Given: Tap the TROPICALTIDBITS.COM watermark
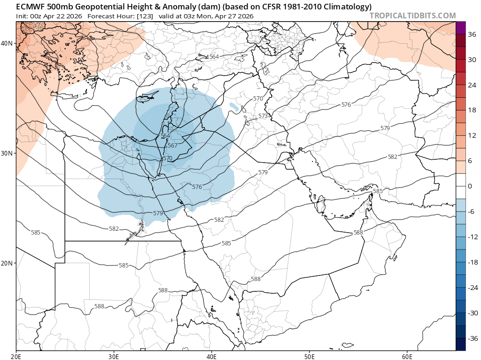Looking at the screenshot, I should click(412, 16).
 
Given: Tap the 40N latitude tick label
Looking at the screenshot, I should click(7, 43).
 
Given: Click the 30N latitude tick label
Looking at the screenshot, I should click(7, 153).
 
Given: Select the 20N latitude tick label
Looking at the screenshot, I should click(7, 263).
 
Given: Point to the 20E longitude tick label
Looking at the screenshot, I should click(16, 355).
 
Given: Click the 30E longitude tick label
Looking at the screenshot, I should click(114, 355).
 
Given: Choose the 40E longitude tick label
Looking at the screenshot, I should click(211, 355).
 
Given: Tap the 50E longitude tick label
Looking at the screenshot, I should click(309, 355).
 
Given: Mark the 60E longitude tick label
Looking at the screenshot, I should click(407, 355).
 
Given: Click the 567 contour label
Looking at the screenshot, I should click(172, 146).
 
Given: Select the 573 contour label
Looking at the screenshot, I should click(263, 116).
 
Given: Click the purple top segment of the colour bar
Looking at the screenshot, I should click(460, 28).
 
